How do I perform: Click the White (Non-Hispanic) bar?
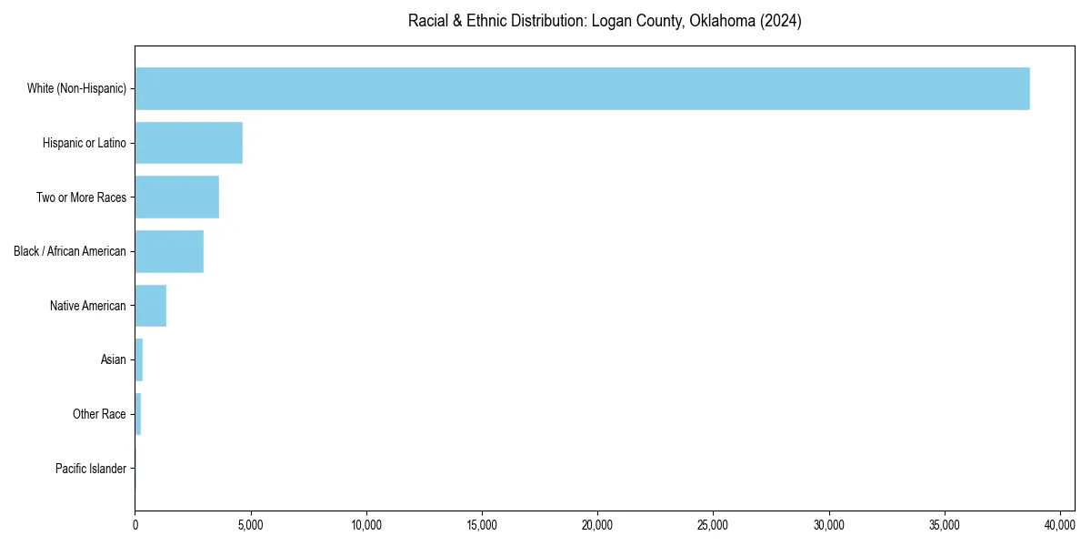[x=582, y=88]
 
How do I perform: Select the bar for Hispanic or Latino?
[x=189, y=143]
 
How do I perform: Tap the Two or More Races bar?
[x=177, y=197]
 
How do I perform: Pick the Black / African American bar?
[x=169, y=251]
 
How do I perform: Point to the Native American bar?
[x=151, y=306]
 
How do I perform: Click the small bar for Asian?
[x=139, y=359]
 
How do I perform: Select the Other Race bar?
[x=138, y=414]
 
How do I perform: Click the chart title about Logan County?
[x=605, y=21]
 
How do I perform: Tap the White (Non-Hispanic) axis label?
[x=76, y=88]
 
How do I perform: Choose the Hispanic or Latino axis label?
[x=85, y=143]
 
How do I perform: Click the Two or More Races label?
[x=81, y=197]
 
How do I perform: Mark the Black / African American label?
[x=70, y=251]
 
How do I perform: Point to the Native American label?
[x=88, y=306]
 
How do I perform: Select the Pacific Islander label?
[x=91, y=469]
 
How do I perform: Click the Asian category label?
[x=114, y=359]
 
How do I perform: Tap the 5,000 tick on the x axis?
[x=250, y=525]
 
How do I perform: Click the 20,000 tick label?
[x=597, y=525]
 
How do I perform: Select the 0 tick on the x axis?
[x=135, y=525]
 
